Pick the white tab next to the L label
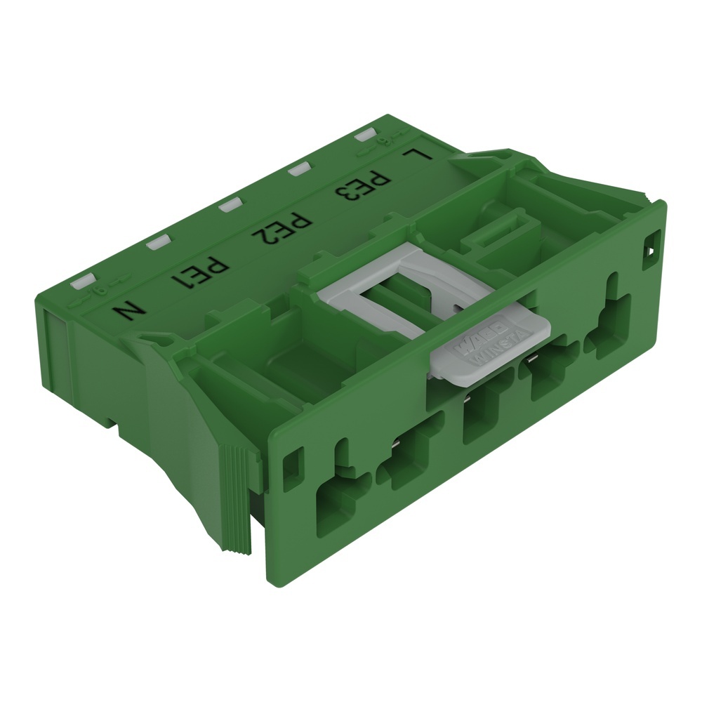[366, 135]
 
